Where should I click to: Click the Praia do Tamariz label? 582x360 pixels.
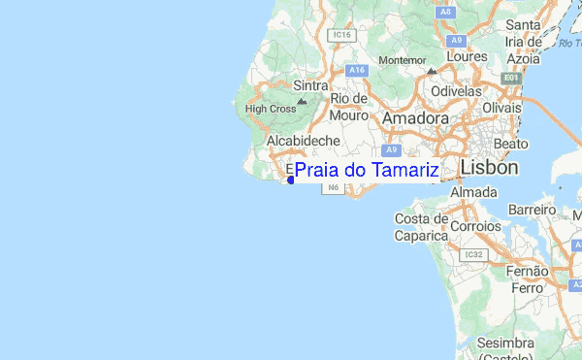coord(367,171)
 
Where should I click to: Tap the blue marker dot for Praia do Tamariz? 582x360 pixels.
coord(291,180)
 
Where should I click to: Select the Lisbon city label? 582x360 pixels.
coord(489,167)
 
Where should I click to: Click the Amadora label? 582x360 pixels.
coord(416,117)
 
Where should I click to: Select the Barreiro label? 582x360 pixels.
coord(533,209)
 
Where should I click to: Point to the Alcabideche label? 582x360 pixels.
coord(302,141)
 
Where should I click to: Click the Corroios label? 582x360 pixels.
coord(475,226)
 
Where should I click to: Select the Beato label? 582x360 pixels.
coord(510,143)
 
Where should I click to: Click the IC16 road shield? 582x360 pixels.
coord(340,35)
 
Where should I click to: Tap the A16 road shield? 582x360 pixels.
coord(356,70)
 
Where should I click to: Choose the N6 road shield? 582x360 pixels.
coord(334,187)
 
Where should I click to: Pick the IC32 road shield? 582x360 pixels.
coord(473,254)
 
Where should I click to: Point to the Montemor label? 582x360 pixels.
coord(402,59)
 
